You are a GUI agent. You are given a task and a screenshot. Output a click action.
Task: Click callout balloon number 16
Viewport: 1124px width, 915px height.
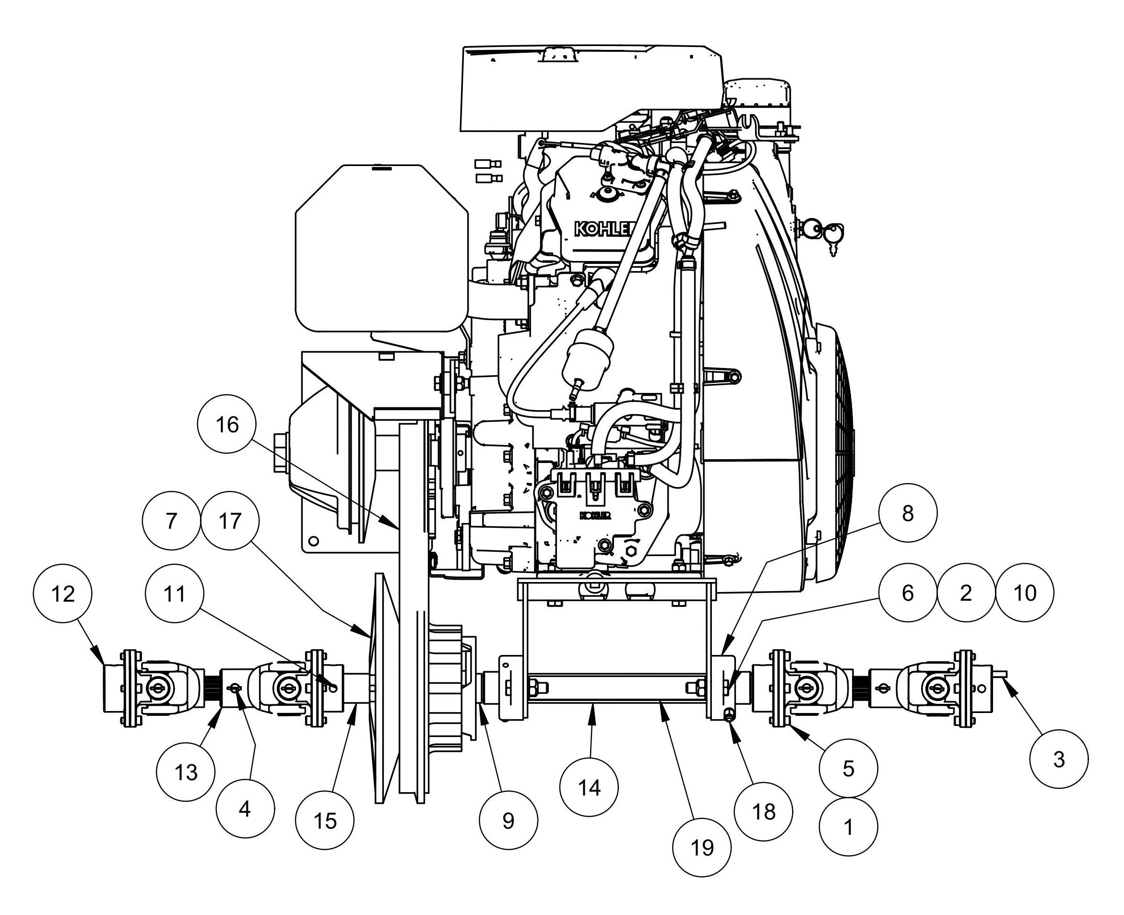(227, 424)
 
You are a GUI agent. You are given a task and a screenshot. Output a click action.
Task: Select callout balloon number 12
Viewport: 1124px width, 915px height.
(63, 594)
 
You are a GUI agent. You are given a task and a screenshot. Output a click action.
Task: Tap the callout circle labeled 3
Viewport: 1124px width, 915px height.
(1059, 759)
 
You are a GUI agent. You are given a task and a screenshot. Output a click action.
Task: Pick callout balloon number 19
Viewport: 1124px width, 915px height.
(701, 847)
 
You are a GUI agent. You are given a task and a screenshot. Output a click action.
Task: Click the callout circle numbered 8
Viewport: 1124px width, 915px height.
(908, 512)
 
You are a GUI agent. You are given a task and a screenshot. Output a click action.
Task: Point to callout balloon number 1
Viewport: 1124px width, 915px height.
(848, 827)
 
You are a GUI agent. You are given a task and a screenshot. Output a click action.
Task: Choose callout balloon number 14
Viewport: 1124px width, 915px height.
(589, 788)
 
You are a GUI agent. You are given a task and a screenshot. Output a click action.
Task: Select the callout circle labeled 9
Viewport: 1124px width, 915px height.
(508, 820)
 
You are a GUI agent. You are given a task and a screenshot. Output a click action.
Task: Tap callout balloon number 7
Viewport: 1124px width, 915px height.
(171, 521)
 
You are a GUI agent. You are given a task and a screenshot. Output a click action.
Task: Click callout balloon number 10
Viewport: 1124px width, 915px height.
(1024, 593)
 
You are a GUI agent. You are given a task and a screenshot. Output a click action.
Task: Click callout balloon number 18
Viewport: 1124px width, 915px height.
(764, 812)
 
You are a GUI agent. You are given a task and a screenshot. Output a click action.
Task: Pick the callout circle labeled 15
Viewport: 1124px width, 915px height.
(325, 820)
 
